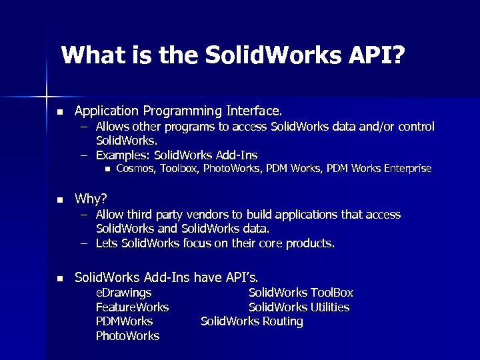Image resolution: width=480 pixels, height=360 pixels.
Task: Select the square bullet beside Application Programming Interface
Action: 59,111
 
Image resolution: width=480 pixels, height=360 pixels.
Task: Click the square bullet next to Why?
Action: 59,199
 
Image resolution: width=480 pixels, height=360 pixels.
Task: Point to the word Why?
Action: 91,199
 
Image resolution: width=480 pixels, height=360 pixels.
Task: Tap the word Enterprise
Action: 407,168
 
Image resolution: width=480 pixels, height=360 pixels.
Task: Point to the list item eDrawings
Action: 123,293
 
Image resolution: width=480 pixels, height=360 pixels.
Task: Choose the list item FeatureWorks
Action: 132,307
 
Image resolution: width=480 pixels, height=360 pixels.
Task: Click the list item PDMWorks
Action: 124,321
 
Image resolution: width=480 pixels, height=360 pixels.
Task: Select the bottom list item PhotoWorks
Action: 127,336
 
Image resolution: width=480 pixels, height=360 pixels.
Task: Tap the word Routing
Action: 281,321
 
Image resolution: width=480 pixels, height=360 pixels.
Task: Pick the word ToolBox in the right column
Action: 331,293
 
